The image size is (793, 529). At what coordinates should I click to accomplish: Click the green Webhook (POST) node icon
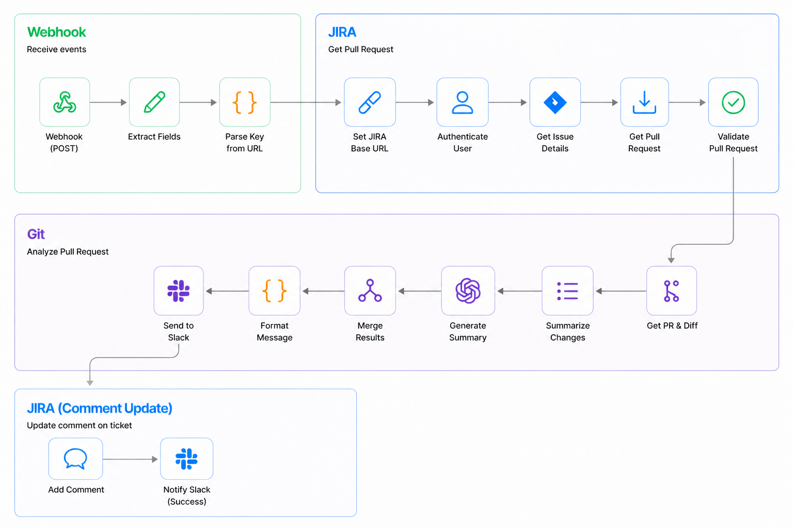tap(65, 102)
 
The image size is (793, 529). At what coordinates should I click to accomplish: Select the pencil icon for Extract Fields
tap(154, 102)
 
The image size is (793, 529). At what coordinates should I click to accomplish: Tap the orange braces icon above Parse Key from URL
tap(245, 102)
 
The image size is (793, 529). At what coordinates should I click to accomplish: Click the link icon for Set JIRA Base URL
tap(370, 102)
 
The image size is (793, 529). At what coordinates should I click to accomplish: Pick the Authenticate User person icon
tap(463, 102)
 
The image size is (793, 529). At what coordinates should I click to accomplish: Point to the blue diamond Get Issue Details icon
tap(555, 102)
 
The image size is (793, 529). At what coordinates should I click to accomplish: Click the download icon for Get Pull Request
tap(644, 102)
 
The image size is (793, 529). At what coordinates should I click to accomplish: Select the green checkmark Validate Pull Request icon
tap(733, 102)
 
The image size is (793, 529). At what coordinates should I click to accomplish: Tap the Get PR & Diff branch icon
tap(671, 291)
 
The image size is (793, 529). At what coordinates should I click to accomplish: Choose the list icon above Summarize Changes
tap(567, 291)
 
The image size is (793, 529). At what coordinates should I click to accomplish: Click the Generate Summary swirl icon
tap(468, 291)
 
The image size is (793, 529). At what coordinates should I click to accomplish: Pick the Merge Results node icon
tap(370, 290)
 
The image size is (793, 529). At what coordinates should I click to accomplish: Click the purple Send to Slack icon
tap(179, 291)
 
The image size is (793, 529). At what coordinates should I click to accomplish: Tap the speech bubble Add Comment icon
tap(75, 459)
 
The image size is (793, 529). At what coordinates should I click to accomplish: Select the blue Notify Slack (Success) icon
tap(186, 459)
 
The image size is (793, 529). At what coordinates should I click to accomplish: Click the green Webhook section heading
tap(57, 32)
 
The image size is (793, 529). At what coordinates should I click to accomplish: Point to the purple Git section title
tap(36, 234)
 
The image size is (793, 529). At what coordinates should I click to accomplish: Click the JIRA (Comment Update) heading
tap(100, 408)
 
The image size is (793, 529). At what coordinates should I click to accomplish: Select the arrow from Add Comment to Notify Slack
tap(130, 459)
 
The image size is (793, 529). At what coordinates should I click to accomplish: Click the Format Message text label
tap(274, 331)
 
